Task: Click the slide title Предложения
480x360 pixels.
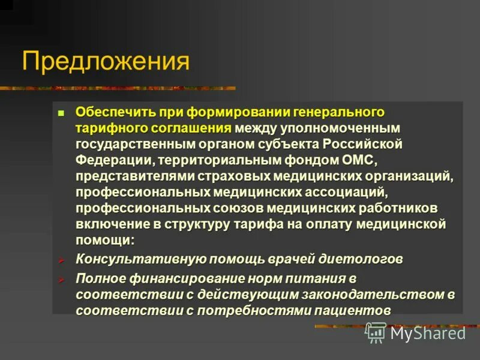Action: point(106,62)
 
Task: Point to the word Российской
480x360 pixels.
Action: point(362,145)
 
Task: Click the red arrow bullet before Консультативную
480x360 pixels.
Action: point(61,260)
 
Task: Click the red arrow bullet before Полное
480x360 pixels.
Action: point(61,279)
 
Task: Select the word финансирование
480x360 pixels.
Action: point(182,279)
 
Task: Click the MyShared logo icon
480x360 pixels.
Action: point(376,332)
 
